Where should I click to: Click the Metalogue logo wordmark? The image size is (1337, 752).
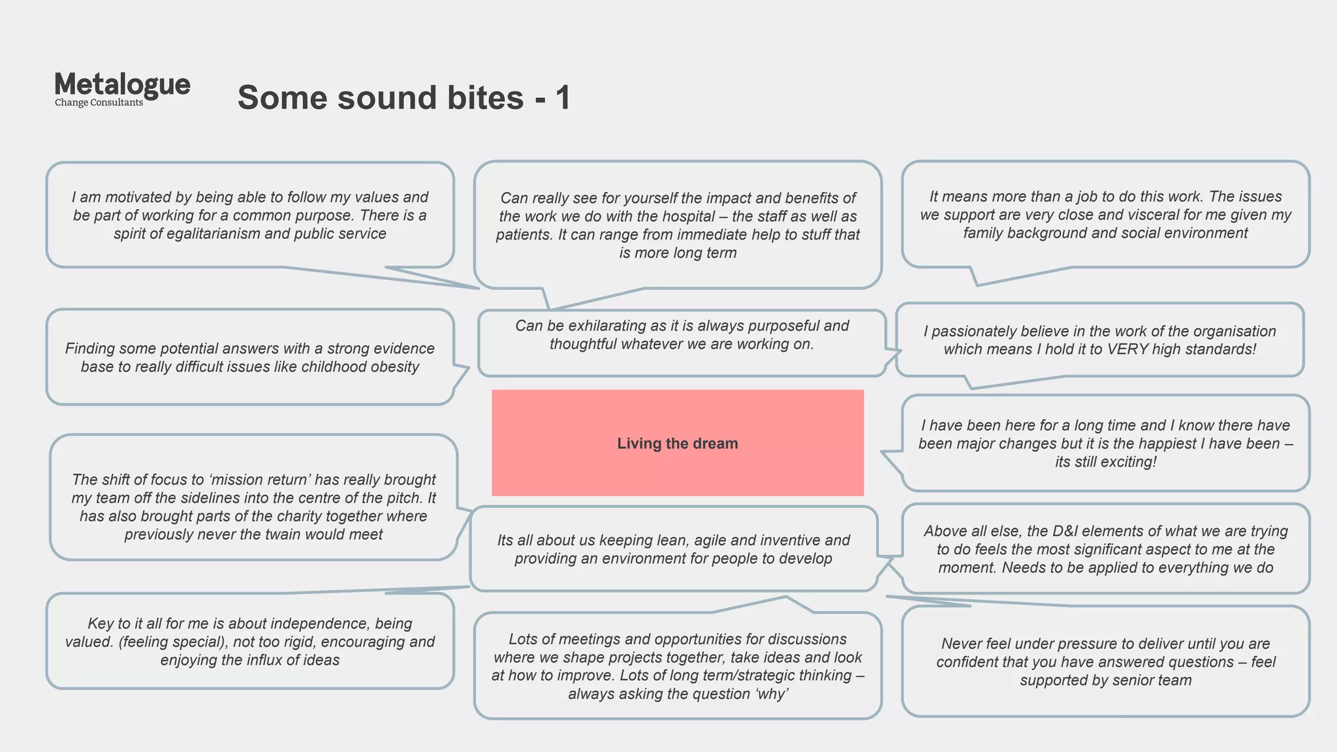[122, 85]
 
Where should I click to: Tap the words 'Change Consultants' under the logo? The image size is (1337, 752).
[99, 102]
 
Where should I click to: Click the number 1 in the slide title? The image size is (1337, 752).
[563, 98]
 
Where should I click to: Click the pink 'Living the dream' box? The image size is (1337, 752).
[677, 443]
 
